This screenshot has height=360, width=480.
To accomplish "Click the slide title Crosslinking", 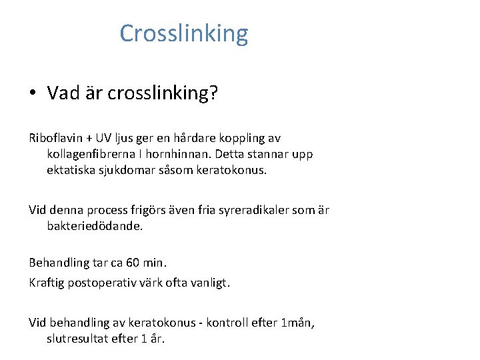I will pos(183,33).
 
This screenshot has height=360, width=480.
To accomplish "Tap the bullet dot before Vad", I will pos(33,93).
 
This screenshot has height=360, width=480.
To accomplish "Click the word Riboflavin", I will pos(55,139).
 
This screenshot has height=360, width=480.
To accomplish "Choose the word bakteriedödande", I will pos(95,226).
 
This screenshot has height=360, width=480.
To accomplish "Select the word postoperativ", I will pos(103,283).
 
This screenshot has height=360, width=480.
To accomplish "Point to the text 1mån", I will pos(297,323).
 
